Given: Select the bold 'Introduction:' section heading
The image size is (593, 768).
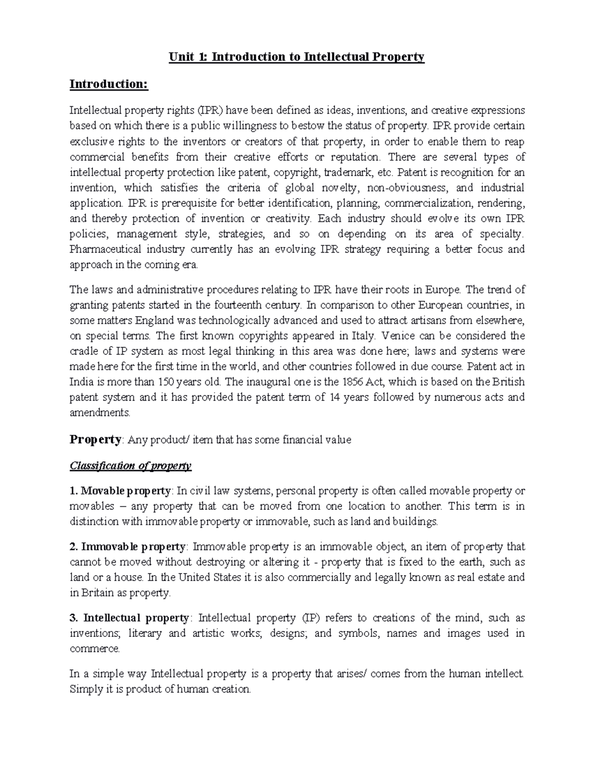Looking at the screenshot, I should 109,84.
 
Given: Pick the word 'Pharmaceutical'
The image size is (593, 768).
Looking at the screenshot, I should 104,249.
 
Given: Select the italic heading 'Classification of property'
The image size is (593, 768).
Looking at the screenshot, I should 130,465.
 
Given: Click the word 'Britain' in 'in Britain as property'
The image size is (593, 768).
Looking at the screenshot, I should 96,593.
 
